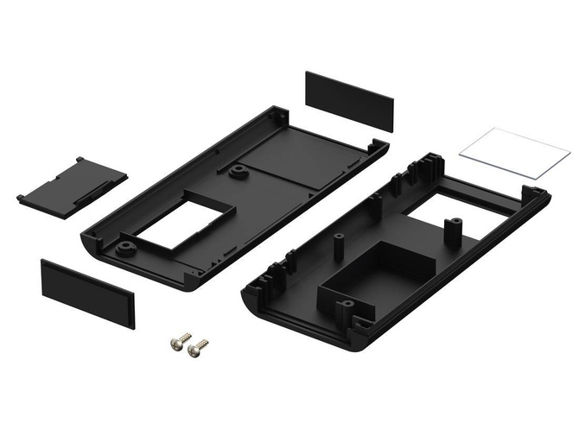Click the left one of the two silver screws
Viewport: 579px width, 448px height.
[180, 342]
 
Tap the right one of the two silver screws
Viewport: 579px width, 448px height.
[198, 348]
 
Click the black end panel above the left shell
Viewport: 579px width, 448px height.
[349, 100]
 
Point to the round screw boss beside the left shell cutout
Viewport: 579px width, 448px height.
[126, 248]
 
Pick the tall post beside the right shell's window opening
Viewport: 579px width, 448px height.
[450, 231]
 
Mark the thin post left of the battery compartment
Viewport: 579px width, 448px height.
[334, 247]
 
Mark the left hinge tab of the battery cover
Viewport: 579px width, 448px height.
[21, 199]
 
